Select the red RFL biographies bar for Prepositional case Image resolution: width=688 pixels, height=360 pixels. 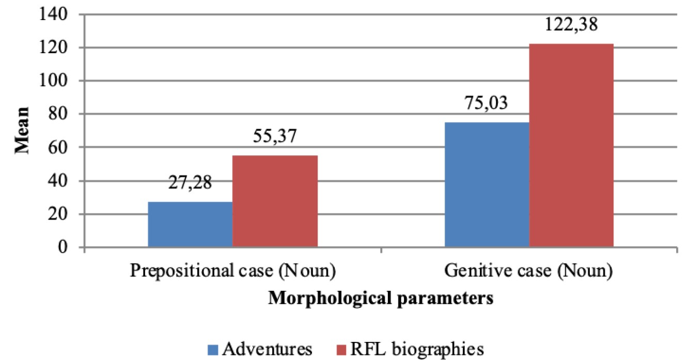(275, 201)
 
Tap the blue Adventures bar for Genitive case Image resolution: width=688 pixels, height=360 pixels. (487, 184)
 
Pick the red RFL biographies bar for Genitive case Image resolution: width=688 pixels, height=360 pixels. (571, 145)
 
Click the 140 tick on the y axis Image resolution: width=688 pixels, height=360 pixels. (54, 14)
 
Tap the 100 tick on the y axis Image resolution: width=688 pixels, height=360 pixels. (54, 81)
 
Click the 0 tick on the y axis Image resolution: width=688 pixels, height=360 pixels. (65, 247)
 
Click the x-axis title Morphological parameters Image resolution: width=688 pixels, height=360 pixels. (380, 299)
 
